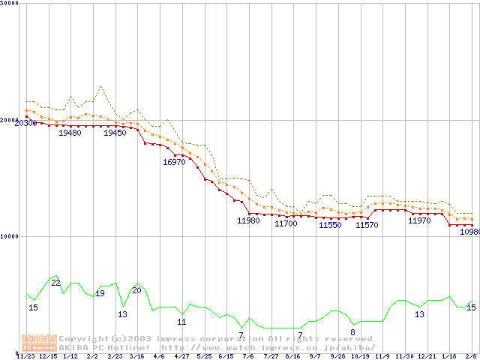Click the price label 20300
pyautogui.click(x=25, y=123)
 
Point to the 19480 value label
pyautogui.click(x=70, y=133)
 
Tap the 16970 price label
pyautogui.click(x=174, y=162)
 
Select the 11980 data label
pyautogui.click(x=248, y=220)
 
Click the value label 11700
pyautogui.click(x=286, y=223)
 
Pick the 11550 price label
pyautogui.click(x=330, y=225)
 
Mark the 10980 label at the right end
pyautogui.click(x=469, y=232)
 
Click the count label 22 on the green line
pyautogui.click(x=55, y=283)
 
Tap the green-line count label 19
pyautogui.click(x=99, y=293)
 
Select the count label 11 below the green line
pyautogui.click(x=181, y=322)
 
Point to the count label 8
pyautogui.click(x=352, y=332)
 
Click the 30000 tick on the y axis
pyautogui.click(x=10, y=3)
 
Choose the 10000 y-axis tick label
pyautogui.click(x=10, y=236)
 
